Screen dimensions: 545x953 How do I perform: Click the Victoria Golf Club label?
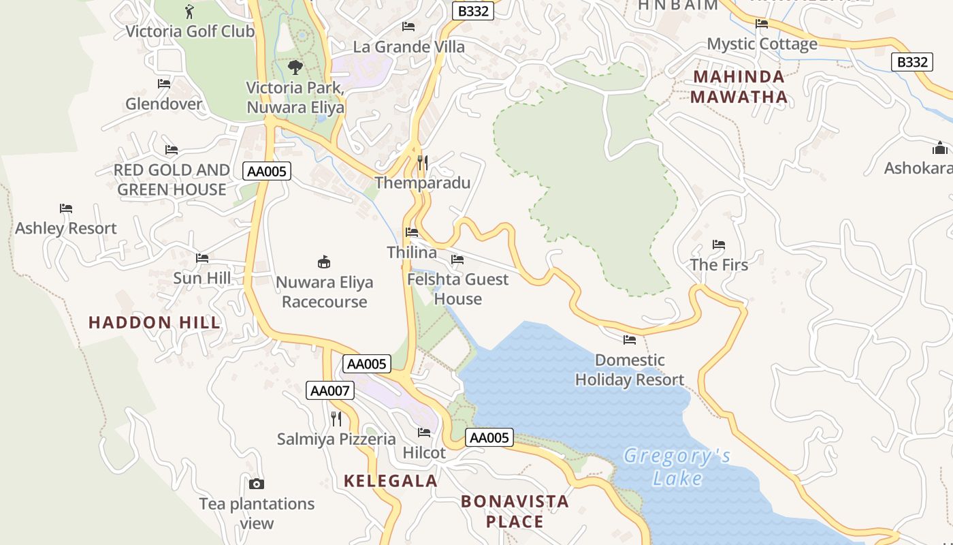(190, 31)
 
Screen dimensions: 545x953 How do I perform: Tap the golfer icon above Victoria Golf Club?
(189, 12)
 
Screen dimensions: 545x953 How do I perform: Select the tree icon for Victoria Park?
(295, 67)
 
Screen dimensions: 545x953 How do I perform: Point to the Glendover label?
(164, 104)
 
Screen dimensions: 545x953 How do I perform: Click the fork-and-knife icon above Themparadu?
(423, 163)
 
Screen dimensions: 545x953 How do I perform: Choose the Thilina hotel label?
(412, 252)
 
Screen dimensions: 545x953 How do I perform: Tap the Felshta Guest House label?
(457, 289)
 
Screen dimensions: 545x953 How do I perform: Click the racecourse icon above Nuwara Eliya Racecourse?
(324, 262)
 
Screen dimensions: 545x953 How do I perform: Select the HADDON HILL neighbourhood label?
(155, 322)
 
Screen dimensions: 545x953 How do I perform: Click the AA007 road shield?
(330, 390)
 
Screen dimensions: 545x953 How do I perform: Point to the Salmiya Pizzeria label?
(336, 439)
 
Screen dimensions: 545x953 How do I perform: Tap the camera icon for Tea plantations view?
(257, 484)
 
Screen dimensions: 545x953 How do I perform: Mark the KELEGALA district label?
(390, 481)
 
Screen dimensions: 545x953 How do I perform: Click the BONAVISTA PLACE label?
(515, 512)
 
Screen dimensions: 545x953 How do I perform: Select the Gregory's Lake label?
(677, 467)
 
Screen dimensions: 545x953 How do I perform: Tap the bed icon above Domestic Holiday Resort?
(630, 339)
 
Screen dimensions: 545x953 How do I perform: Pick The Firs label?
(719, 265)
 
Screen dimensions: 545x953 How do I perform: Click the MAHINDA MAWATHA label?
(739, 87)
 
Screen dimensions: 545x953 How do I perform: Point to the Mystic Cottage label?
(762, 44)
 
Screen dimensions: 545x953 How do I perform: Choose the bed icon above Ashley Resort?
(66, 208)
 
